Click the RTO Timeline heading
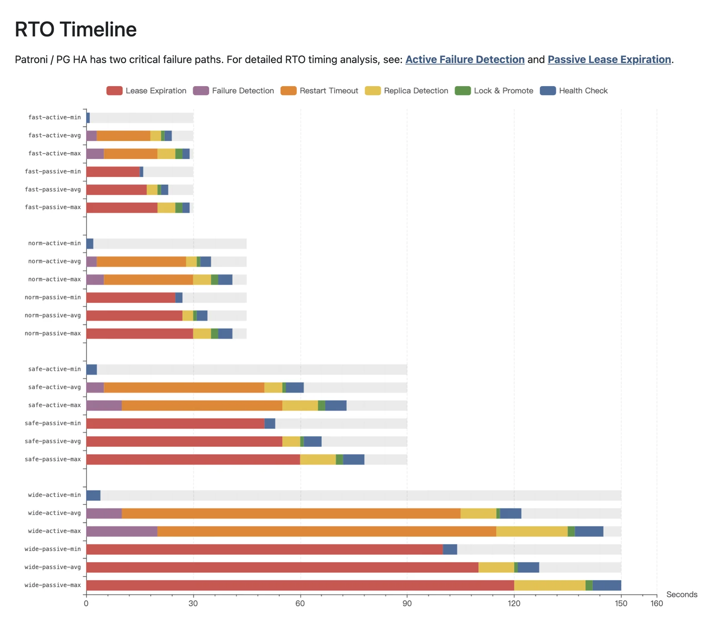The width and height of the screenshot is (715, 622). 76,29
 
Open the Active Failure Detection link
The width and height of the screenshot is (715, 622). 465,59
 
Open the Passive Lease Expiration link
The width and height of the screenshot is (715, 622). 609,59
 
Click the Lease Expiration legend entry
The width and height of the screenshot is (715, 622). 147,91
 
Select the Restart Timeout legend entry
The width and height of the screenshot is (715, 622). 320,91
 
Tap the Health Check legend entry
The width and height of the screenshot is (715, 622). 574,91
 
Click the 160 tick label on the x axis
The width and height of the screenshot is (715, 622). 656,603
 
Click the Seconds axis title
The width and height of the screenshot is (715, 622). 681,594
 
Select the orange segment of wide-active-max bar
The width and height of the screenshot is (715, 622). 326,531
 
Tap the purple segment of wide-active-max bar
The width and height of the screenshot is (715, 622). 122,531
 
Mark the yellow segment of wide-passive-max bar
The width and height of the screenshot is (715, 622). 549,585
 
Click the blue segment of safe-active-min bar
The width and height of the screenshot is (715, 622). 92,370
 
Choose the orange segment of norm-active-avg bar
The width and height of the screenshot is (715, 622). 141,261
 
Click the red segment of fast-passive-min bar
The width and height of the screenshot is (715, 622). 113,172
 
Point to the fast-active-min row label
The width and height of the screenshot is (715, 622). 55,118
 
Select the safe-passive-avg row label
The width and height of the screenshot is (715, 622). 53,441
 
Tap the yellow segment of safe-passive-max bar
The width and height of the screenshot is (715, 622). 318,459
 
